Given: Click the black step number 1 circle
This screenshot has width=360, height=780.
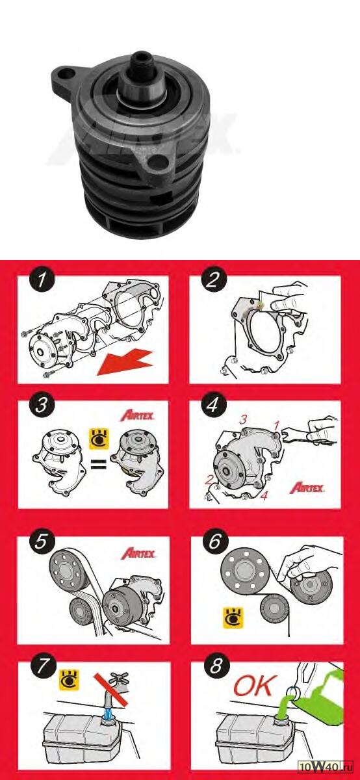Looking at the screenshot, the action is point(42,280).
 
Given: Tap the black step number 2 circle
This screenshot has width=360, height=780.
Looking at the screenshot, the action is point(214,280).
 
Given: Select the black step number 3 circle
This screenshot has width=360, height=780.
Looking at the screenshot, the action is point(42,406).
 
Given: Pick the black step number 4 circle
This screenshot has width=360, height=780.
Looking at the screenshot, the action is point(213,405).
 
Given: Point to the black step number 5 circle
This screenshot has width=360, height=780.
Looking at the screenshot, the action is point(42,541).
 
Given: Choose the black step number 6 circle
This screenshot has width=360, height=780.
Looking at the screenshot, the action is point(215,541).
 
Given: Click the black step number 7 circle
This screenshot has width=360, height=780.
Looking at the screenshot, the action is point(44,667).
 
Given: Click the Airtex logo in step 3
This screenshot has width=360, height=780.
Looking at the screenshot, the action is point(137,416).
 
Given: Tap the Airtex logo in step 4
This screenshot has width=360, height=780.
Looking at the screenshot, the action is point(307,487).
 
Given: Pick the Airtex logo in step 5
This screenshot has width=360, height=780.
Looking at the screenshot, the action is point(138,553).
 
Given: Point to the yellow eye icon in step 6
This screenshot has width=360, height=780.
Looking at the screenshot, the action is point(233,618).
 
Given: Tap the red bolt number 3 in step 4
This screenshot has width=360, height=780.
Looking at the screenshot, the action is point(243,420).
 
